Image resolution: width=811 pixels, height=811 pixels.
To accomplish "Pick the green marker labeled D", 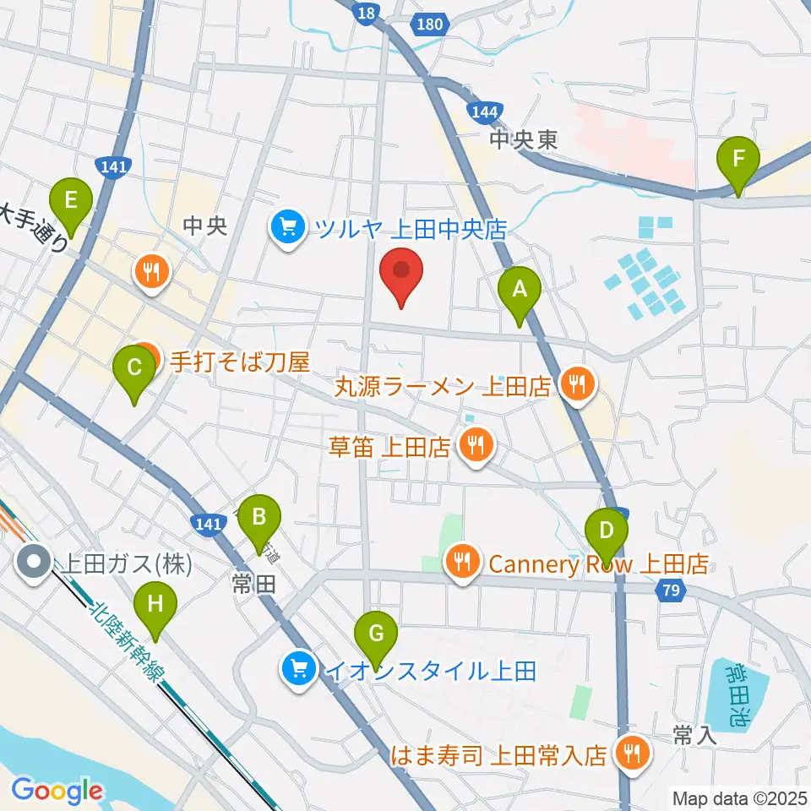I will [606, 531].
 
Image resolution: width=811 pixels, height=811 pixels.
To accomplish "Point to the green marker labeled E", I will [71, 201].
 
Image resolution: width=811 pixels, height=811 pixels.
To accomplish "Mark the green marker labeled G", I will [377, 634].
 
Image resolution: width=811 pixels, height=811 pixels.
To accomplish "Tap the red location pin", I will [401, 271].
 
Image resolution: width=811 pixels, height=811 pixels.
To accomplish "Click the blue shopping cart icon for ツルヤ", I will [288, 227].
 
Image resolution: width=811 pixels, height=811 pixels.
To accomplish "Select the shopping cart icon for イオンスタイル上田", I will [298, 671].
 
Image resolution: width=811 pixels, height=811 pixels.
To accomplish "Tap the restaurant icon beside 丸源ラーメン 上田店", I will [578, 385].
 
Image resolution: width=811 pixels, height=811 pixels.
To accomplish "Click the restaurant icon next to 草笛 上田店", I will [476, 444].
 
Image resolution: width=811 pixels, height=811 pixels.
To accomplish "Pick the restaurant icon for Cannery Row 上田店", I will [461, 561].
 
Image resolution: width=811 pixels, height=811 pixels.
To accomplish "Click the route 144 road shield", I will [486, 111].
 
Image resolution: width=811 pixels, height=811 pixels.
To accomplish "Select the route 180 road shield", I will [429, 24].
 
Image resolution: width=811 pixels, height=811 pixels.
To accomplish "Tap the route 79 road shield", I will [671, 593].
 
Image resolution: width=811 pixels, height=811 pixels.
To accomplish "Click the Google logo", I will [57, 791].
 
